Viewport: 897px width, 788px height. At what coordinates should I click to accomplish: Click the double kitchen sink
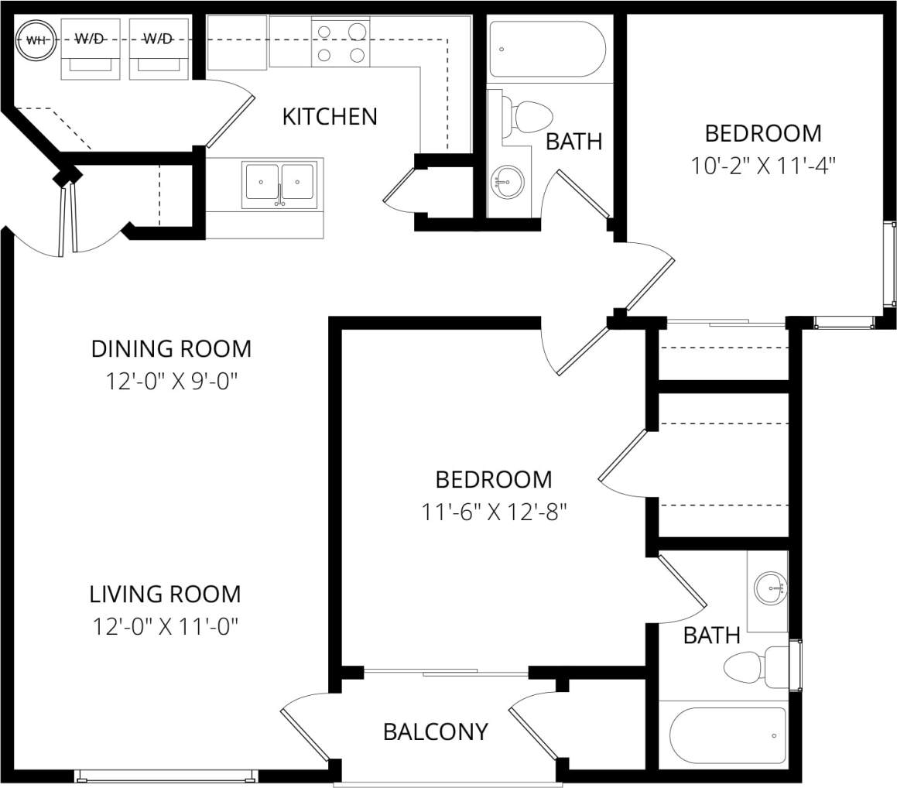click(x=279, y=183)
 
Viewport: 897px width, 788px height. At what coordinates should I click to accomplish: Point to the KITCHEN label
click(x=330, y=117)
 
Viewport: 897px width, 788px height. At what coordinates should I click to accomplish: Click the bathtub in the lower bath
click(x=728, y=735)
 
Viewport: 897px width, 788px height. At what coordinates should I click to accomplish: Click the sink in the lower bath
click(x=772, y=589)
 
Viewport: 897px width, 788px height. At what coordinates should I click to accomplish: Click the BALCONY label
click(x=436, y=731)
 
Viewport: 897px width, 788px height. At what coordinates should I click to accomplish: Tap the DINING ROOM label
click(x=171, y=349)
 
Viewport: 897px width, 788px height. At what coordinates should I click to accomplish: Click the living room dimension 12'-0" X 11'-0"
click(x=164, y=626)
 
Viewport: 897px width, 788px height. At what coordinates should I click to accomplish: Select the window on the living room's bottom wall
click(x=165, y=775)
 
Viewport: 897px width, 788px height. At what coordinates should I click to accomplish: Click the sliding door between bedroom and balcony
click(x=447, y=672)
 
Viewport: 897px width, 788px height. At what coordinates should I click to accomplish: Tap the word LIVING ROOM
click(x=165, y=594)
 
